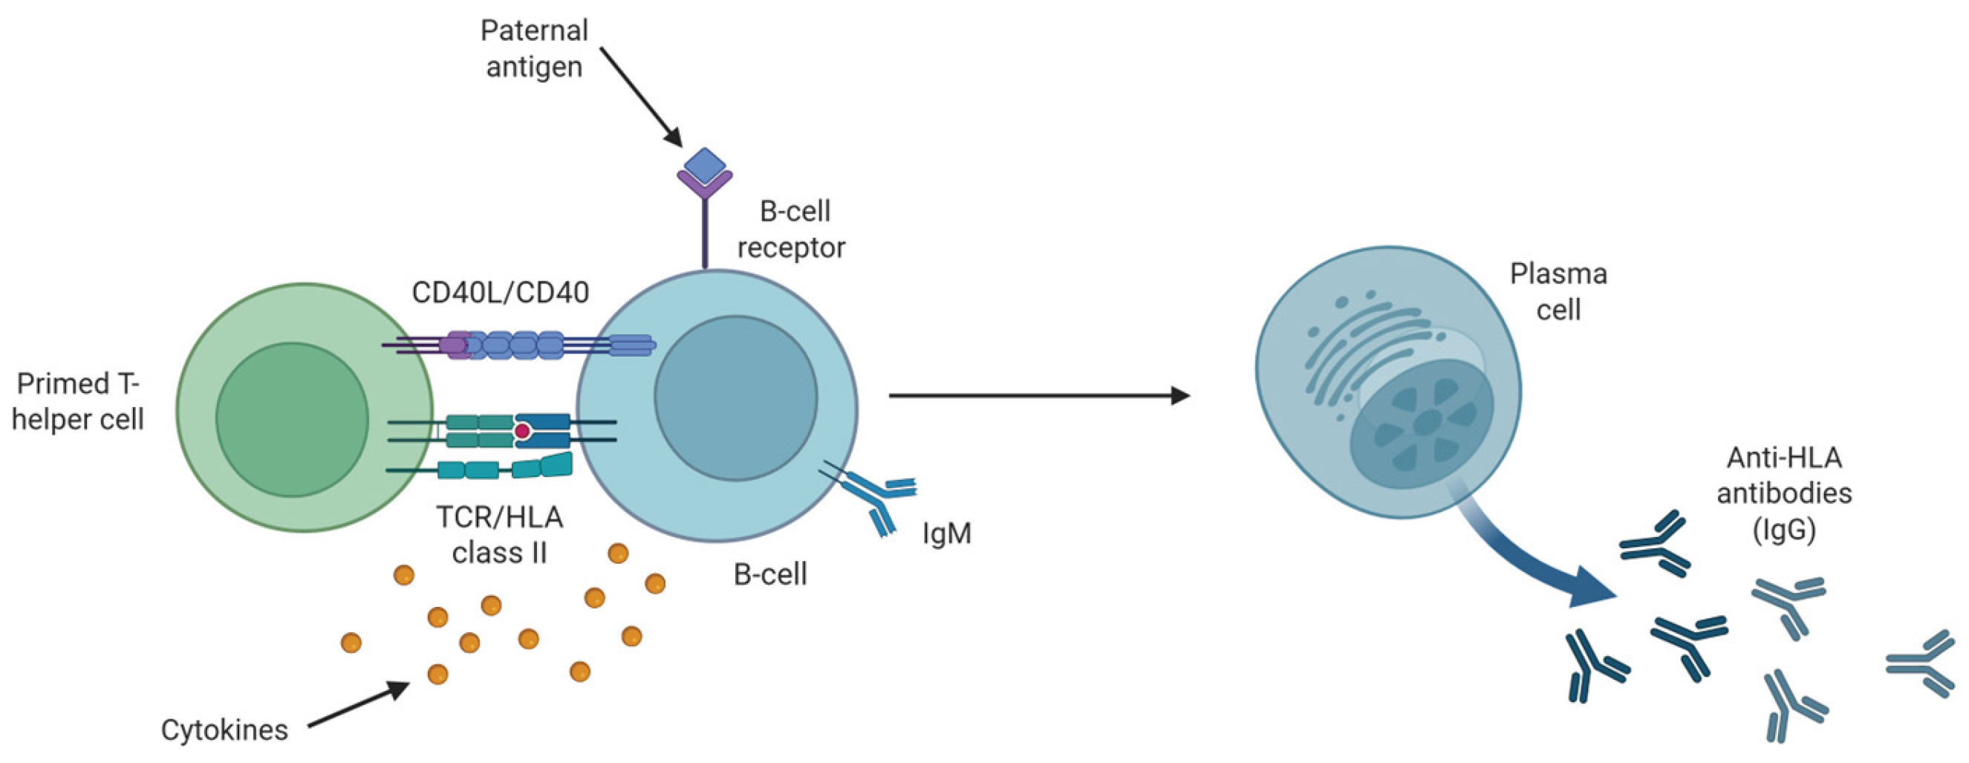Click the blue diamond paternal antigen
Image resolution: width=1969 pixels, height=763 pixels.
pos(704,166)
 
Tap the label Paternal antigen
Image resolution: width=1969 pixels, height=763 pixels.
pos(534,49)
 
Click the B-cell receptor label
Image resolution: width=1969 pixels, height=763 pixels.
pos(792,230)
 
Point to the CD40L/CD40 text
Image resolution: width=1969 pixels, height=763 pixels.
pos(500,293)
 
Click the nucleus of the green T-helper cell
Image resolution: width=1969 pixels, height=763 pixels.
pos(292,419)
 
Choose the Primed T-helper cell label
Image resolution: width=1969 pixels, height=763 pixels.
pos(78,401)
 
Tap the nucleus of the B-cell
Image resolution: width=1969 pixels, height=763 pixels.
pos(735,398)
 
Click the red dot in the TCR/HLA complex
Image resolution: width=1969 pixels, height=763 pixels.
pos(522,432)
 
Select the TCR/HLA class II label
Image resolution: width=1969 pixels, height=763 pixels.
pos(500,535)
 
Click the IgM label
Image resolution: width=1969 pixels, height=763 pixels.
pos(946,533)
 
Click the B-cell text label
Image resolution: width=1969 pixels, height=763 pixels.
pos(769,575)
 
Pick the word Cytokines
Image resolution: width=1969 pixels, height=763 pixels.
pos(224,730)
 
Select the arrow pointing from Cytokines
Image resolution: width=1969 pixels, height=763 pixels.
pos(359,704)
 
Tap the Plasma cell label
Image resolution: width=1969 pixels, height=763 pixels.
pos(1558,291)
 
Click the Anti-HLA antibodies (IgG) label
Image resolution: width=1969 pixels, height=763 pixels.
pos(1784,493)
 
